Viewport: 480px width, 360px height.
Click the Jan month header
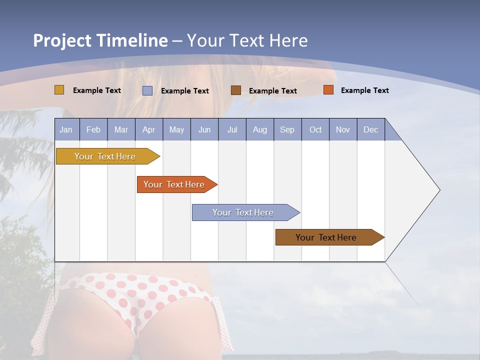[66, 129]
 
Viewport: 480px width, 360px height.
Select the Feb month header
[93, 129]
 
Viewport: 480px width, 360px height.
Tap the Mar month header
[121, 129]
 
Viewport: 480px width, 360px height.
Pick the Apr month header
[149, 129]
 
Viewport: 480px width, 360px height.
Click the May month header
[176, 129]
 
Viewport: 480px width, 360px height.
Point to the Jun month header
[204, 129]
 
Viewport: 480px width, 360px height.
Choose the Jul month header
[232, 129]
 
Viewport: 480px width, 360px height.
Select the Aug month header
[260, 129]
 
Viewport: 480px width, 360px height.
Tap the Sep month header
[287, 129]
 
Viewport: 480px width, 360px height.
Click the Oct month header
[315, 129]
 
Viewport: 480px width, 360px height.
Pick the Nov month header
[343, 129]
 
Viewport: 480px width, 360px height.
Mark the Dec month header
[371, 129]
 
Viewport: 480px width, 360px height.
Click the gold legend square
[59, 90]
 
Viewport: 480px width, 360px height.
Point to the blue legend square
[147, 90]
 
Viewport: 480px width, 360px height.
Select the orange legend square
[328, 90]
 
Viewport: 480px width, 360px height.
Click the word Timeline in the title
[132, 40]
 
